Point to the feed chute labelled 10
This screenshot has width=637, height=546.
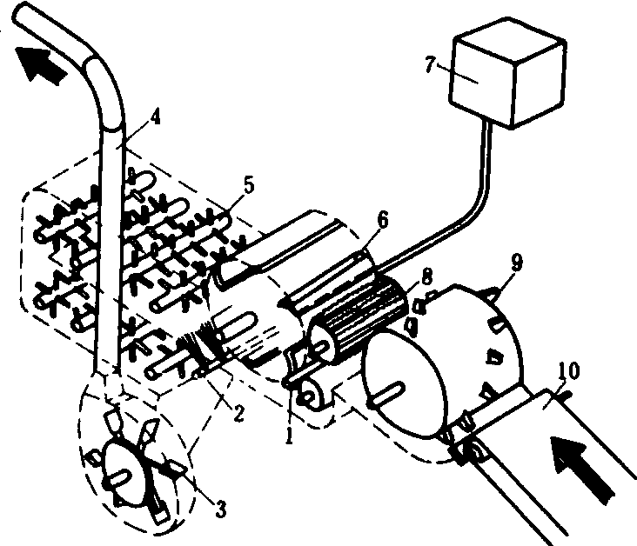click(x=557, y=452)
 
